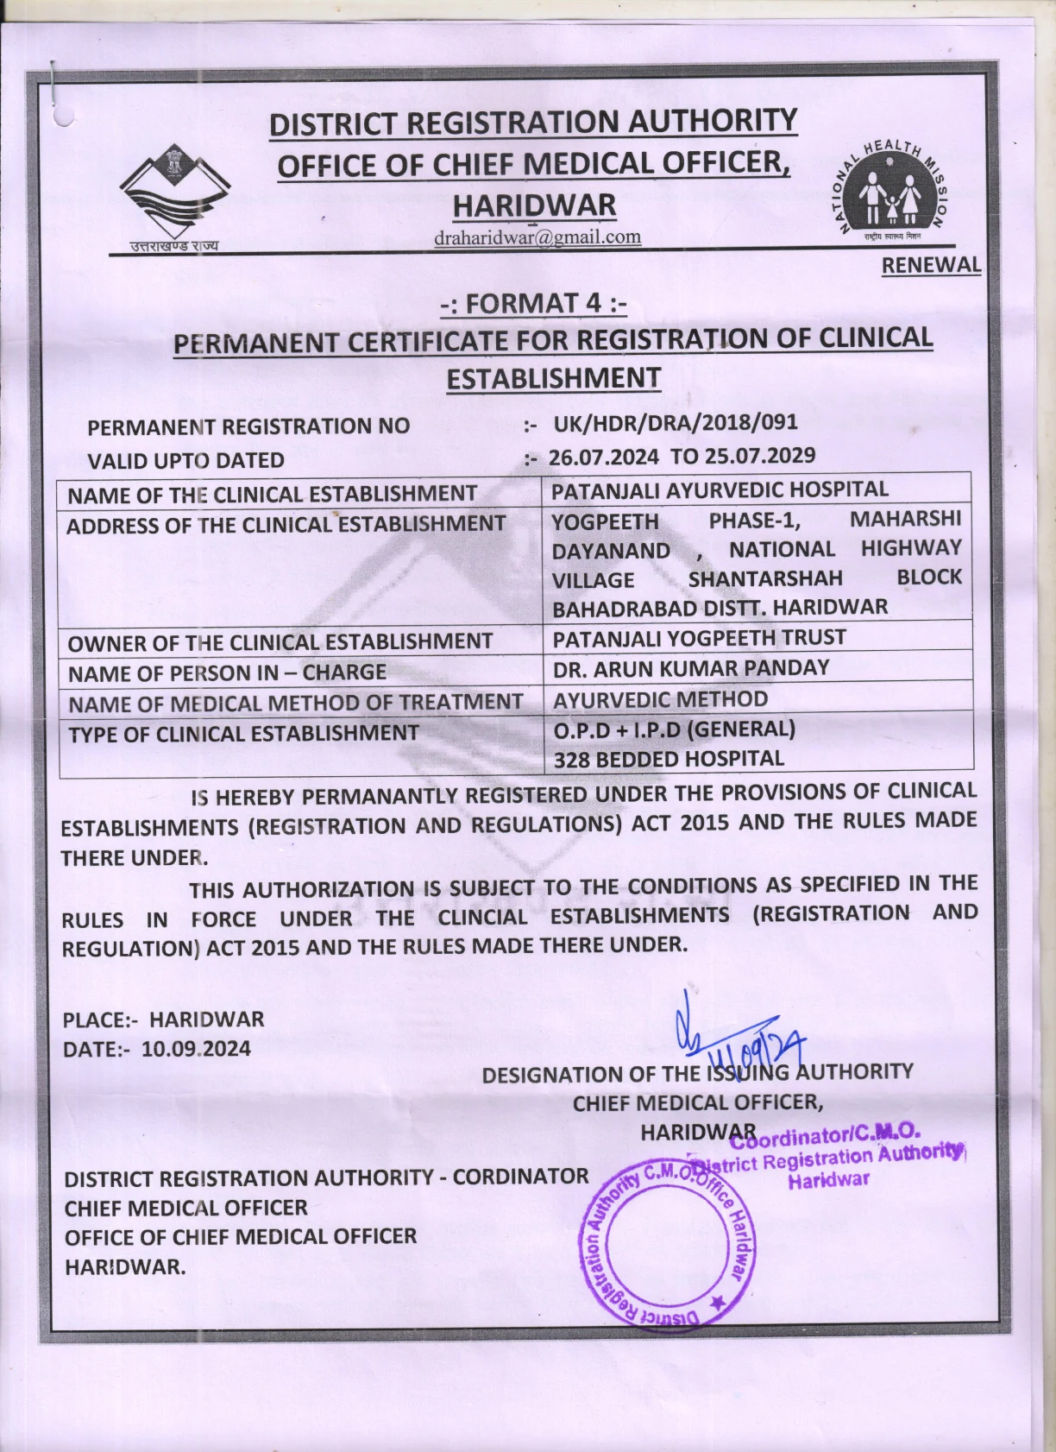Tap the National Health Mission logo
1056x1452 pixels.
pyautogui.click(x=894, y=191)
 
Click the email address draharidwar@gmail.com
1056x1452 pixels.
pyautogui.click(x=537, y=237)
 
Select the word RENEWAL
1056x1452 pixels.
pyautogui.click(x=931, y=266)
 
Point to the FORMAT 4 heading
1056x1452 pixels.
pyautogui.click(x=533, y=304)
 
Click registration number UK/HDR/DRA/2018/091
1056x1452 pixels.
pyautogui.click(x=675, y=423)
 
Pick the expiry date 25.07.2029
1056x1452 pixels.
pyautogui.click(x=760, y=456)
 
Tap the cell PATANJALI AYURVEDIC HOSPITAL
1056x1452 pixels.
pyautogui.click(x=720, y=489)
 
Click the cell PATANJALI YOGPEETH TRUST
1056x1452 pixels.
pyautogui.click(x=699, y=638)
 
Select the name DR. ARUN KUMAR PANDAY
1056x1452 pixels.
pyautogui.click(x=691, y=668)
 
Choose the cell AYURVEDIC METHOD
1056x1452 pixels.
pyautogui.click(x=660, y=699)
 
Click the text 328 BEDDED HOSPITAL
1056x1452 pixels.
pyautogui.click(x=669, y=760)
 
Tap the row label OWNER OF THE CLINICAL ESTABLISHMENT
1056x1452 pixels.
pyautogui.click(x=280, y=642)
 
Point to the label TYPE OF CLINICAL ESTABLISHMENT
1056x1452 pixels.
pyautogui.click(x=243, y=734)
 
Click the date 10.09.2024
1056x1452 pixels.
pyautogui.click(x=196, y=1049)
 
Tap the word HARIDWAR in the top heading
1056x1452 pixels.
pyautogui.click(x=534, y=206)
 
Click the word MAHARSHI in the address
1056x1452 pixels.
pyautogui.click(x=905, y=519)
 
